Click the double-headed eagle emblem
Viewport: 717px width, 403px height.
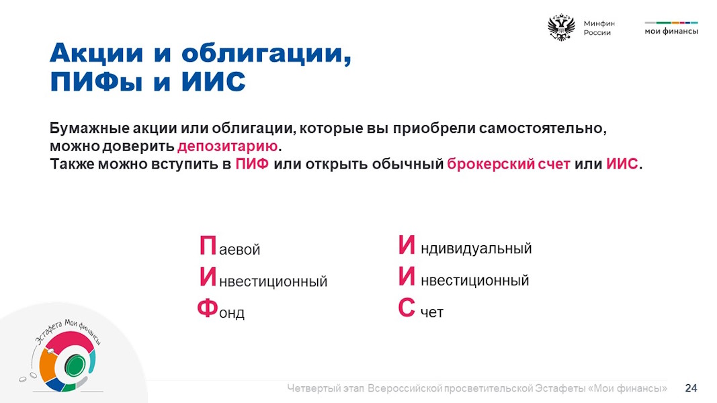(x=561, y=28)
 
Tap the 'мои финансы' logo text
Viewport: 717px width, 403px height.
(x=671, y=32)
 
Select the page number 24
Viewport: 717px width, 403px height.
(x=691, y=388)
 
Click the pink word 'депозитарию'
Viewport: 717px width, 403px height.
(x=227, y=146)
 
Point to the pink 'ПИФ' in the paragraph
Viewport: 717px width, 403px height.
(x=252, y=164)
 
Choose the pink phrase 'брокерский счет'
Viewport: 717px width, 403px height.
(x=509, y=164)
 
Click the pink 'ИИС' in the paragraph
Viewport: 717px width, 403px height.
(x=622, y=164)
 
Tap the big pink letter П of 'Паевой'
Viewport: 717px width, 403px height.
(x=208, y=245)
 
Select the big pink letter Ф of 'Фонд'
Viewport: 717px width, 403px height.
(x=208, y=308)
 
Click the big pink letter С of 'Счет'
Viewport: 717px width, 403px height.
(x=407, y=307)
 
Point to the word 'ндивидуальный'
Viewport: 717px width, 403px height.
(x=476, y=249)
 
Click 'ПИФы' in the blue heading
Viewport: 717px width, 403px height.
(x=96, y=82)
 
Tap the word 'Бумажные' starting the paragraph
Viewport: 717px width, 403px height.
(x=89, y=128)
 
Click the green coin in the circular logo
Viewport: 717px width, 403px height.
(x=75, y=365)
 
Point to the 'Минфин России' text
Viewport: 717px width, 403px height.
(x=599, y=28)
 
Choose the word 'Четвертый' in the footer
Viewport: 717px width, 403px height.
(x=313, y=388)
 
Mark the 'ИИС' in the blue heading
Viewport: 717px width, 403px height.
(x=214, y=82)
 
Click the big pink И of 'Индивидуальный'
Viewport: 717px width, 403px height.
(x=407, y=244)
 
